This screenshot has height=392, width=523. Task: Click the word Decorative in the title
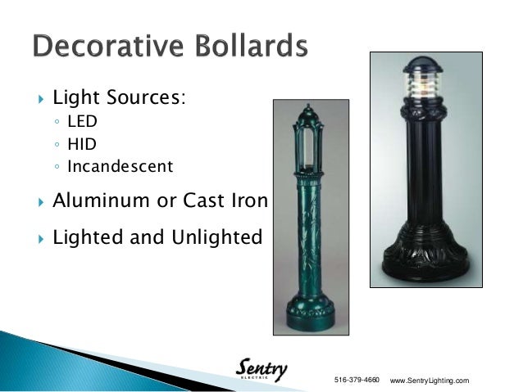109,47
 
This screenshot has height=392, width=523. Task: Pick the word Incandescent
121,167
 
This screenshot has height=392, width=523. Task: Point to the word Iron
248,200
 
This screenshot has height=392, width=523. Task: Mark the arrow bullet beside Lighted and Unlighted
34,239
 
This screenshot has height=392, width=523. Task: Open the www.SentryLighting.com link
430,381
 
